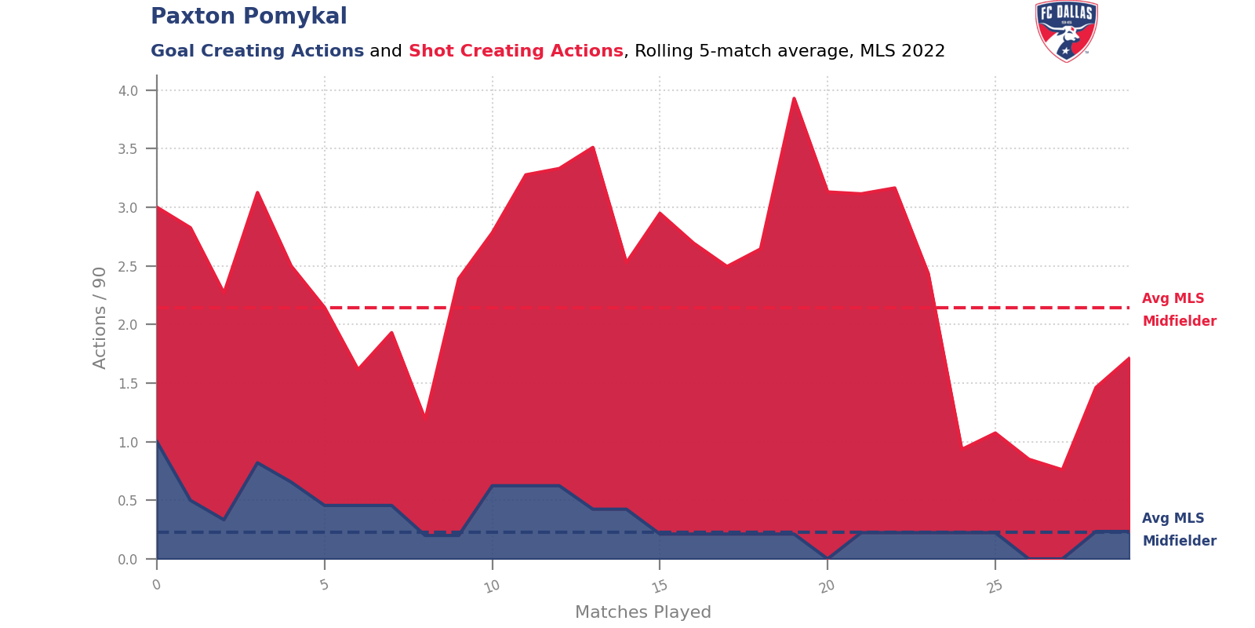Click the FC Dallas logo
tap(1066, 31)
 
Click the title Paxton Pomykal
tap(249, 16)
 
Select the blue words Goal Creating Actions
tap(257, 51)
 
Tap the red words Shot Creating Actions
tap(515, 51)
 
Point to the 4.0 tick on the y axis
tap(129, 91)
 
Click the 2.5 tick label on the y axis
tap(129, 267)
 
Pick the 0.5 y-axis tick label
tap(129, 501)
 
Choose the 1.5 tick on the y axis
tap(129, 384)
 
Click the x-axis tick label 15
tap(659, 586)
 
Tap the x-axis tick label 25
tap(994, 586)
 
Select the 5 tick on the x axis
tap(324, 584)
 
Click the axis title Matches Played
tap(643, 612)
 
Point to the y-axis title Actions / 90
tap(100, 318)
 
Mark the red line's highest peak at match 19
tap(794, 97)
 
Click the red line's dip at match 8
tap(424, 414)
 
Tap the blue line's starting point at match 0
tap(157, 442)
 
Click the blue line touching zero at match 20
tap(828, 558)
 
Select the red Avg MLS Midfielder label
tap(1178, 309)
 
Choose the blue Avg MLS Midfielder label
tap(1178, 529)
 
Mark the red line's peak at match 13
tap(593, 147)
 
